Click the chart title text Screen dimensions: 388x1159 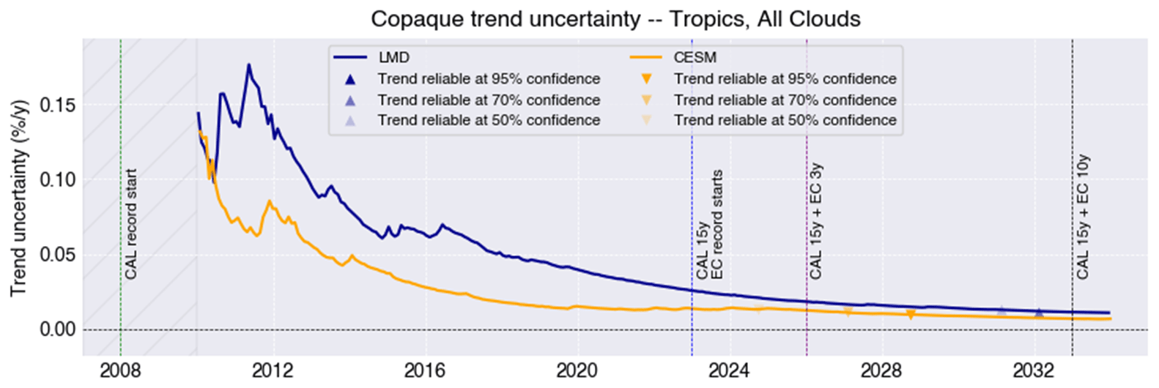click(615, 18)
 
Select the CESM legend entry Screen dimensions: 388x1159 click(695, 58)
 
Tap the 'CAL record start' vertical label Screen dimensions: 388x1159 click(130, 224)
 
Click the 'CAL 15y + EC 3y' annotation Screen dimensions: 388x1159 click(816, 220)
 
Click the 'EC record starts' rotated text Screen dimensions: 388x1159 click(717, 224)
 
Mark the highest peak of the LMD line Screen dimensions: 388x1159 click(248, 64)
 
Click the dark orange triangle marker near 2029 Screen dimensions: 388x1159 click(911, 315)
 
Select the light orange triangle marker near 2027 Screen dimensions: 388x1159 click(848, 313)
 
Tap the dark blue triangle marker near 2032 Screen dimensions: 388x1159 click(1038, 313)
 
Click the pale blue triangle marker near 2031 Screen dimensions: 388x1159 click(1001, 311)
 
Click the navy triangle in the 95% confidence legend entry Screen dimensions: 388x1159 click(350, 79)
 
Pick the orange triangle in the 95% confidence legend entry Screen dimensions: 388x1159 click(647, 79)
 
